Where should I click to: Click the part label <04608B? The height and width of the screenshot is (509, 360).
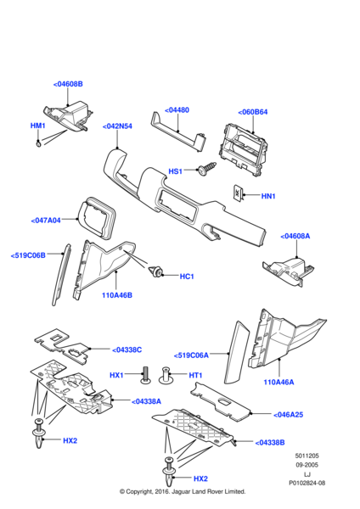pyautogui.click(x=68, y=84)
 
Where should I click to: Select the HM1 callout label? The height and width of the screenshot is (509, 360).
pyautogui.click(x=37, y=126)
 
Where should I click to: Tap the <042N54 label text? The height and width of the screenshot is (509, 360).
pyautogui.click(x=117, y=126)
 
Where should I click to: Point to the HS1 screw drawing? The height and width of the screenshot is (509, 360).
pyautogui.click(x=206, y=168)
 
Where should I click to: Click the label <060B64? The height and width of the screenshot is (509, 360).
pyautogui.click(x=253, y=112)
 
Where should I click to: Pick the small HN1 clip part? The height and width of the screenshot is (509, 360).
pyautogui.click(x=238, y=193)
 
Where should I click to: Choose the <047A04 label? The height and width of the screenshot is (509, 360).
pyautogui.click(x=46, y=221)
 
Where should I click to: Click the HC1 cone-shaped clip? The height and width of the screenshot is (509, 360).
pyautogui.click(x=156, y=271)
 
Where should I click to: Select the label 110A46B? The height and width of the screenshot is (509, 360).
pyautogui.click(x=117, y=295)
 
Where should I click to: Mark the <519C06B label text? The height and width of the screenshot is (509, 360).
pyautogui.click(x=28, y=255)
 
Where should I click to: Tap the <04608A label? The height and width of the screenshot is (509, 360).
pyautogui.click(x=295, y=236)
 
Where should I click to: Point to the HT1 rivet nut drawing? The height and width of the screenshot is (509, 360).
pyautogui.click(x=166, y=375)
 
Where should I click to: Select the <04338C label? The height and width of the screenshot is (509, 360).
pyautogui.click(x=127, y=350)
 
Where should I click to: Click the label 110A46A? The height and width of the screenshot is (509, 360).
pyautogui.click(x=278, y=382)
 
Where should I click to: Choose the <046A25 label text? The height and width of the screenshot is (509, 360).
pyautogui.click(x=288, y=415)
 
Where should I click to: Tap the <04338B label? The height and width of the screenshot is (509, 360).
pyautogui.click(x=270, y=443)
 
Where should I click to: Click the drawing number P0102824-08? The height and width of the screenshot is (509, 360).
pyautogui.click(x=307, y=483)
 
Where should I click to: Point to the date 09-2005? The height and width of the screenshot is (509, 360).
pyautogui.click(x=307, y=465)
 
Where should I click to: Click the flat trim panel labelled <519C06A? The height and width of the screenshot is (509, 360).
pyautogui.click(x=237, y=352)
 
